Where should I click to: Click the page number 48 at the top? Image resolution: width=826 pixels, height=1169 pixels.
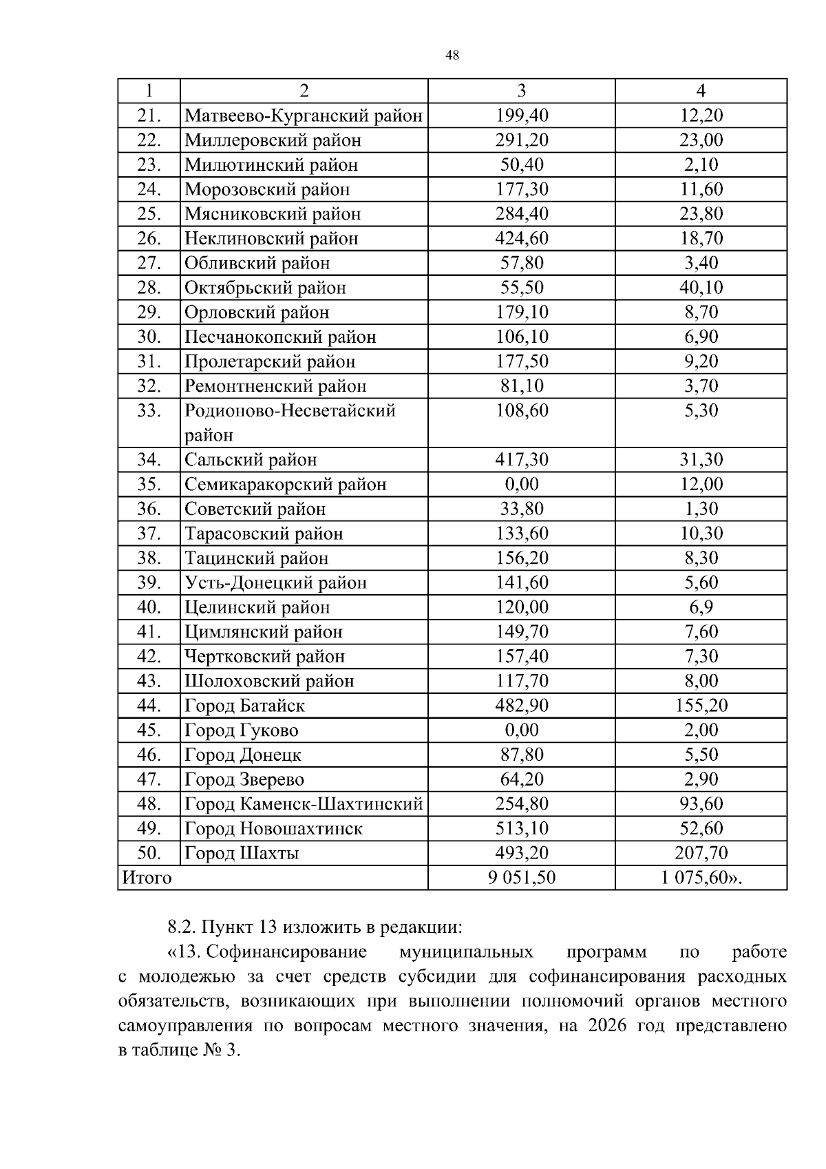point(452,56)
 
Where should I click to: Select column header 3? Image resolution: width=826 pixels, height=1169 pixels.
point(521,91)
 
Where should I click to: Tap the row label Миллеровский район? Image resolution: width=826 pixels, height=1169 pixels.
point(273,140)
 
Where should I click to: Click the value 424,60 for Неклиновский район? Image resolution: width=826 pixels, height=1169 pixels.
point(522,239)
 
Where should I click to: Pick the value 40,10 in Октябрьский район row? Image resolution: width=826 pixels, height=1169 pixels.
point(701,288)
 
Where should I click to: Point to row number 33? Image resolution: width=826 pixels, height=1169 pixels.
point(149,411)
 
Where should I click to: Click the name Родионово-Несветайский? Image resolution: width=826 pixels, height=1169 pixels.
point(290,411)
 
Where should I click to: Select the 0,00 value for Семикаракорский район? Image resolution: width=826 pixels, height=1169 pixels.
point(522,485)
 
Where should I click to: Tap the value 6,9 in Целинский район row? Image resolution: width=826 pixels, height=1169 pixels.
point(701,607)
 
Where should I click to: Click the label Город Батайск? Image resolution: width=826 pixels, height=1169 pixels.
point(244,706)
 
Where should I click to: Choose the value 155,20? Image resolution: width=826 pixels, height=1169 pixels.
point(701,706)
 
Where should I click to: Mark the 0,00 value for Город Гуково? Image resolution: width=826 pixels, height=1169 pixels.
point(522,730)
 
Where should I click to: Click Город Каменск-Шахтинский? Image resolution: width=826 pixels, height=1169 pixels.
point(303,804)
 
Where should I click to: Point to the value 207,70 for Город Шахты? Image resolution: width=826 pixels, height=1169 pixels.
point(701,854)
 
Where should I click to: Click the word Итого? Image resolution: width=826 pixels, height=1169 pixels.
point(147,878)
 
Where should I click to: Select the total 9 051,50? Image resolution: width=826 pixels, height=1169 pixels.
point(522,878)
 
